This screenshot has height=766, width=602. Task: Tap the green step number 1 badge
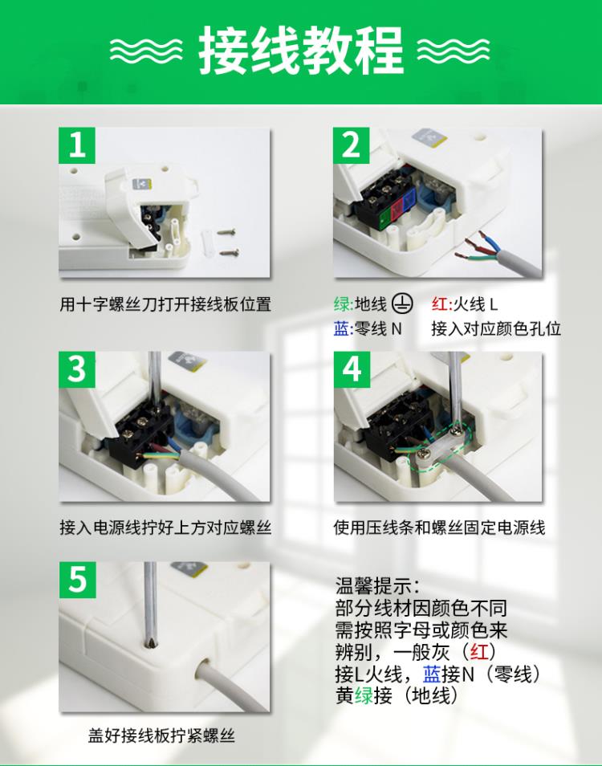click(76, 145)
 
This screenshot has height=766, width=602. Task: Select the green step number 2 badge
click(352, 145)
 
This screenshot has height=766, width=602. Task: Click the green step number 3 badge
click(76, 369)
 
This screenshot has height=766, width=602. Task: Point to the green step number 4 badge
click(352, 369)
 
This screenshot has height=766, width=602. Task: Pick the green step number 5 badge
click(77, 580)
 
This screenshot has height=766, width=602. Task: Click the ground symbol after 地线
click(403, 304)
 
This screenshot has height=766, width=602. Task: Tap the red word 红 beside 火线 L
click(439, 304)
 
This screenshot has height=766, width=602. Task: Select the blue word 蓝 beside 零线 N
click(341, 328)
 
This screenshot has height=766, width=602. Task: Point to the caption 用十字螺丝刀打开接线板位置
click(165, 304)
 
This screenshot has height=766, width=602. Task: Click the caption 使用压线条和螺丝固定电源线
click(439, 528)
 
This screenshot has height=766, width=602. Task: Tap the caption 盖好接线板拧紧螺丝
click(161, 735)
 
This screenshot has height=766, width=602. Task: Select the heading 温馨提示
click(376, 585)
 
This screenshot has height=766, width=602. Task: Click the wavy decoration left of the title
click(146, 50)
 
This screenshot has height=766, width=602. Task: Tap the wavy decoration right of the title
click(454, 50)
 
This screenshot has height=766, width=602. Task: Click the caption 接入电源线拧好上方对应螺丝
click(165, 528)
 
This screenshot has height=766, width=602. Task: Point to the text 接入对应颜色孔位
click(496, 328)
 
